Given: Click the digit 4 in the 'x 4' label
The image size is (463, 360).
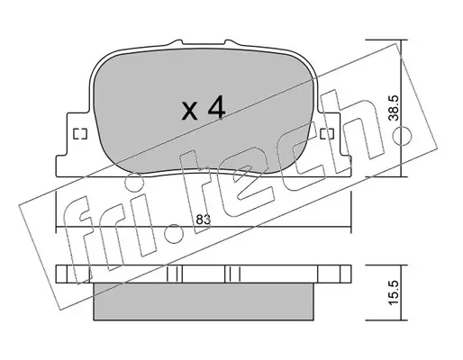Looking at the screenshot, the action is (x=216, y=108).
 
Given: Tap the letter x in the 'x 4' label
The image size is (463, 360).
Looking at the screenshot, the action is (x=190, y=111).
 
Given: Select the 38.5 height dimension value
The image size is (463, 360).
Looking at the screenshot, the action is (x=394, y=108).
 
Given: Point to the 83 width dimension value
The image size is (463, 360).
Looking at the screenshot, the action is (x=204, y=220).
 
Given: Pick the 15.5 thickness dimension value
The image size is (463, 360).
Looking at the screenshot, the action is (x=394, y=292).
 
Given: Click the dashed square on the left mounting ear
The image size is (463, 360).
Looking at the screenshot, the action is (x=80, y=134).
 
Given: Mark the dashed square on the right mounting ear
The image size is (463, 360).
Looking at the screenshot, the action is (x=327, y=134).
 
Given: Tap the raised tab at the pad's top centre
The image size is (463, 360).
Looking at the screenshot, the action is (x=203, y=43).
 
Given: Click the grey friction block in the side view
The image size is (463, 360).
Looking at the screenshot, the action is (x=204, y=301).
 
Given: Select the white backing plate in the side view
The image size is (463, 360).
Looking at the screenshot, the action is (x=204, y=274).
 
